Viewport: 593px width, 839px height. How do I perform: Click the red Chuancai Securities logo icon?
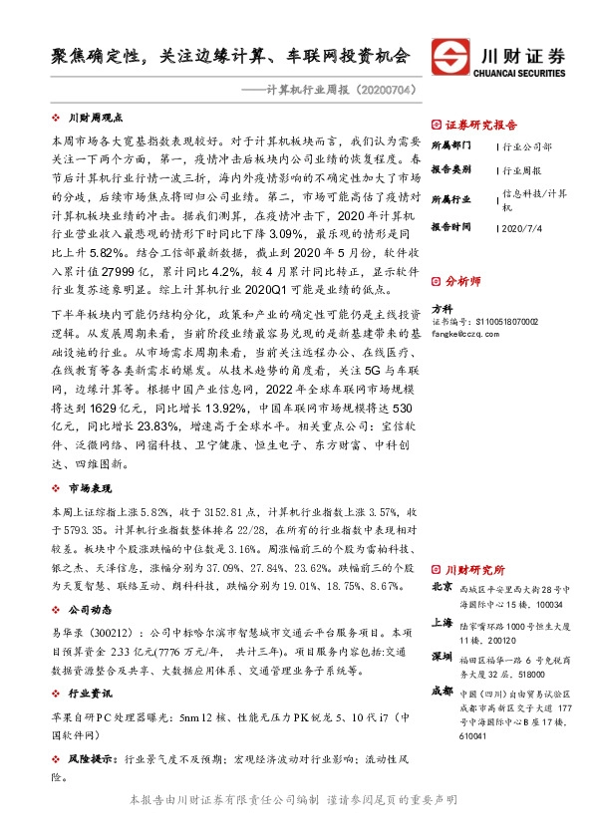point(450,56)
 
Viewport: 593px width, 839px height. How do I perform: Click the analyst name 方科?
point(442,309)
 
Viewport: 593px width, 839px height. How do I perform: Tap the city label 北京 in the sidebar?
point(443,588)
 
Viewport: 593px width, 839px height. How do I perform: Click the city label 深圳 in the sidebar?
point(443,659)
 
